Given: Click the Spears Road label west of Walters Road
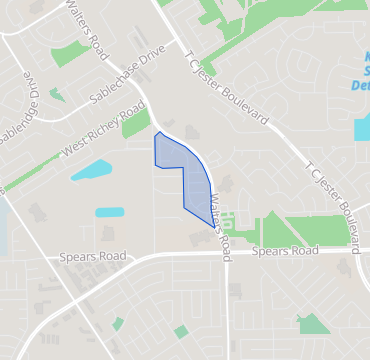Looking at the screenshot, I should [x=93, y=257].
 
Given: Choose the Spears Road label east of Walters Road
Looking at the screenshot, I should [x=285, y=251].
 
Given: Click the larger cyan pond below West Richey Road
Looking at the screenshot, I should [x=91, y=170].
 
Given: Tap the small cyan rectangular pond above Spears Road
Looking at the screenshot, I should [x=109, y=212].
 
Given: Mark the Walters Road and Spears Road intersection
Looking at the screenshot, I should [x=227, y=255].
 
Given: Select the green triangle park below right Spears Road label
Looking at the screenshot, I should [x=314, y=324].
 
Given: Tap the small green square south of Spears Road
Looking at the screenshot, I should [x=181, y=331].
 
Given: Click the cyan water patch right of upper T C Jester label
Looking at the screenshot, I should [x=361, y=128].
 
